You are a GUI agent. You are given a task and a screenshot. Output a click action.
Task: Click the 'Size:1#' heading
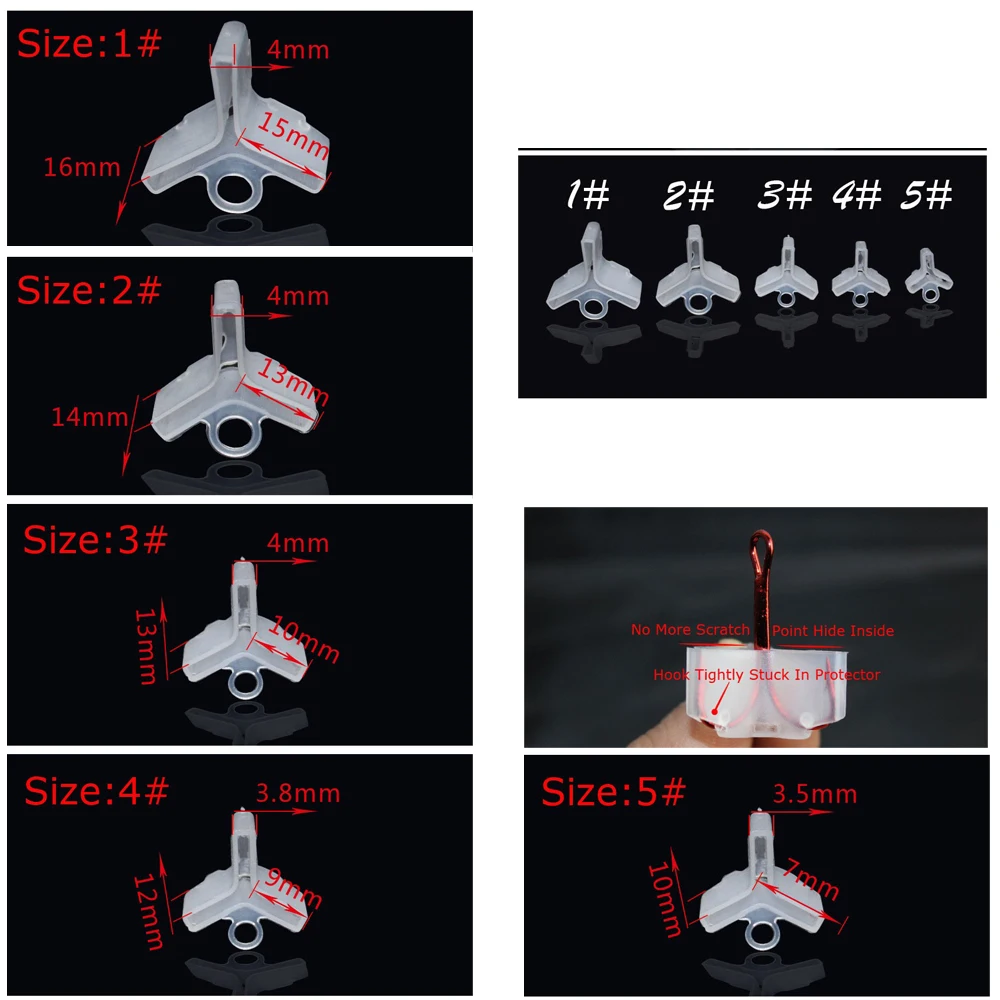click(x=89, y=43)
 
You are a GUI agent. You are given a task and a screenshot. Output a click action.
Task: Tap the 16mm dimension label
click(x=82, y=167)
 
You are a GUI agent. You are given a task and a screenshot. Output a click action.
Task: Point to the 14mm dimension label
click(x=90, y=417)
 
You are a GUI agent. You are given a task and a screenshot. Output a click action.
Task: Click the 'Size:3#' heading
click(x=96, y=540)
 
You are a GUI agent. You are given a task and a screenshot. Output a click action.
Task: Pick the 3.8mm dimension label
click(x=298, y=793)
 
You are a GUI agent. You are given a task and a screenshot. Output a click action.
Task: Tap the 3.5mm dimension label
click(x=815, y=794)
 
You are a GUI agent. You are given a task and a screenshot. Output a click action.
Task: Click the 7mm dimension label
click(x=811, y=879)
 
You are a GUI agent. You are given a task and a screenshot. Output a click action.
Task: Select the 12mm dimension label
click(x=149, y=912)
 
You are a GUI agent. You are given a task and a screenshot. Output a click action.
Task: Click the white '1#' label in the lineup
click(x=588, y=194)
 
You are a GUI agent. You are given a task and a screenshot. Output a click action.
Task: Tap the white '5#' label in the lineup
click(x=926, y=195)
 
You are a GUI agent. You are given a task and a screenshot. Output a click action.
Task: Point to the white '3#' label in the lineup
click(x=784, y=195)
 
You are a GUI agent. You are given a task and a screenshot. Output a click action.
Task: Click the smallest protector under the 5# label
click(x=929, y=276)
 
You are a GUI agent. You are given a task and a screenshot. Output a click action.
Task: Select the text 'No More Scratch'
click(x=690, y=629)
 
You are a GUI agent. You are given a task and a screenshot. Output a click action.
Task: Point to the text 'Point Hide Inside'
click(x=833, y=631)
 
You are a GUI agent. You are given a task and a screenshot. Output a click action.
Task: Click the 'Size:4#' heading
click(x=96, y=791)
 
